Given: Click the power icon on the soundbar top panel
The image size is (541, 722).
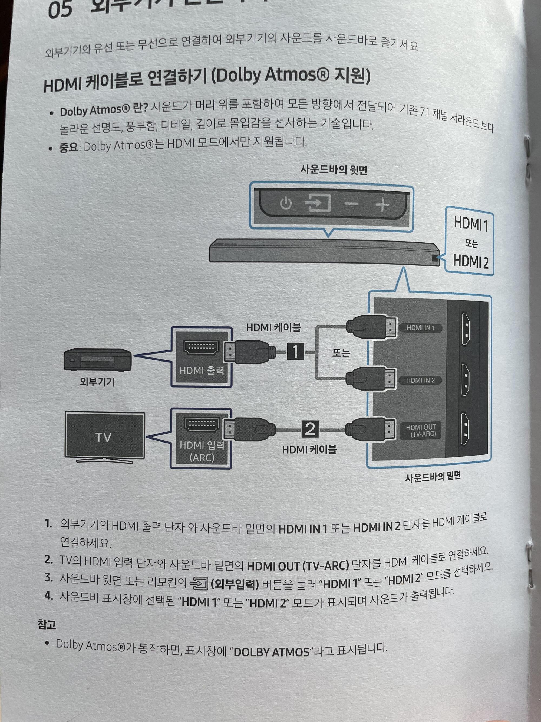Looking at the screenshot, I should pyautogui.click(x=286, y=204).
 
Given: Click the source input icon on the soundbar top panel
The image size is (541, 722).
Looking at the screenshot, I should pyautogui.click(x=318, y=203).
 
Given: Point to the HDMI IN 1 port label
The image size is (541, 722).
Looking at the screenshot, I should pyautogui.click(x=420, y=328).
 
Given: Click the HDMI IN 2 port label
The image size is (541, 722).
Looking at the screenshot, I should pyautogui.click(x=420, y=380).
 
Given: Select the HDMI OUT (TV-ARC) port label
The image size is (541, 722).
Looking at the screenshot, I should pyautogui.click(x=421, y=431).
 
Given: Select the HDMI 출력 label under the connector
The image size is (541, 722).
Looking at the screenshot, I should pyautogui.click(x=202, y=370).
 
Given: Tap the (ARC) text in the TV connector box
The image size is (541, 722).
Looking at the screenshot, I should pyautogui.click(x=202, y=457).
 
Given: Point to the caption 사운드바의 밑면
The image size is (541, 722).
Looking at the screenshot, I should pyautogui.click(x=433, y=477).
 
